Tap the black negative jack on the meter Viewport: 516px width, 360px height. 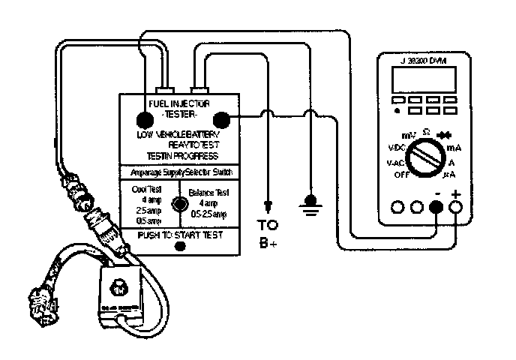[437, 207]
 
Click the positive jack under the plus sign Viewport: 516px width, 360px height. [456, 207]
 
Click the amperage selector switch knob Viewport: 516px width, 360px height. [178, 203]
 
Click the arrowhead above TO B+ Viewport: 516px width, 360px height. [267, 205]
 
